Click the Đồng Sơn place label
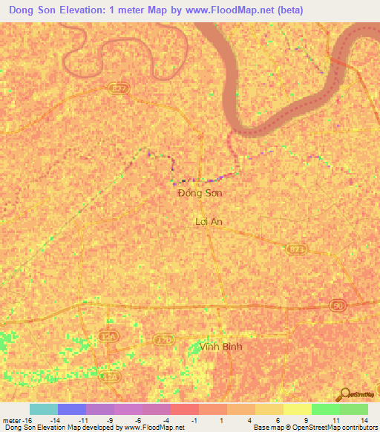[200, 193]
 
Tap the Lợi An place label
[209, 221]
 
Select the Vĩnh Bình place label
[222, 347]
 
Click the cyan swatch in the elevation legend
[44, 409]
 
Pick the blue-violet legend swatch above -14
[72, 409]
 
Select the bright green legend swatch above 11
[325, 409]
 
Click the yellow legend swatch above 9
[297, 409]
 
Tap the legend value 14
[364, 419]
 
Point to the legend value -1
[194, 419]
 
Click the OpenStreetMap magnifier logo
[344, 395]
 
